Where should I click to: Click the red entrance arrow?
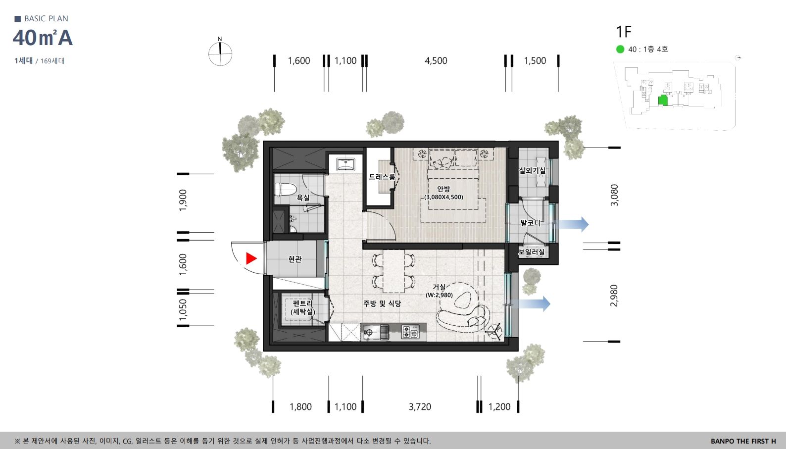point(250,258)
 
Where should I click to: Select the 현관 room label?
point(295,259)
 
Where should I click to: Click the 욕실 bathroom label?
point(303,198)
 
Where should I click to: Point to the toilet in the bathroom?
point(284,190)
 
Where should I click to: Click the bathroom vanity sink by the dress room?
point(345,164)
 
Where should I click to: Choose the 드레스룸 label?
point(382,177)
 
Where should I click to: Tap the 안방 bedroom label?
point(443,189)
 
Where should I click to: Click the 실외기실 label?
point(532,170)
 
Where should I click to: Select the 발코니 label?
point(530,223)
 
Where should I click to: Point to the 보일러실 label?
point(532,251)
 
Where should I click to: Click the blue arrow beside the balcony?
point(573,224)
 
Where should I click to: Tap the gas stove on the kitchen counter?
point(410,332)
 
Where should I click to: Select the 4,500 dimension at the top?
point(436,61)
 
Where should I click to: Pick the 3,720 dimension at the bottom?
point(420,407)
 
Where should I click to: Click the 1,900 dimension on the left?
point(183,200)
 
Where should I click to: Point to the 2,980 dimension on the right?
point(614,295)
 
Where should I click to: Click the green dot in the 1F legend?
point(620,49)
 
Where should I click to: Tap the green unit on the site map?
point(662,100)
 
